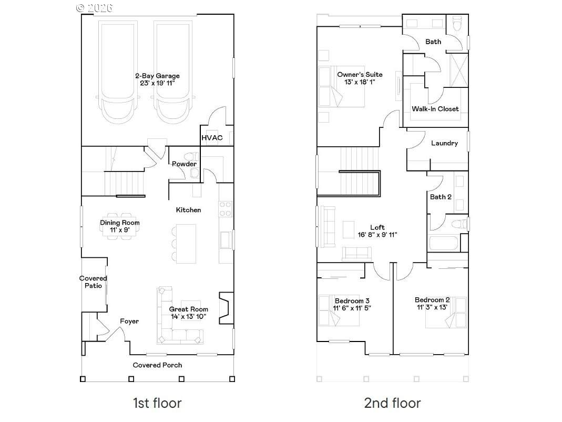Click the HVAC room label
pyautogui.click(x=212, y=138)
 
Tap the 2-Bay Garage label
pyautogui.click(x=157, y=76)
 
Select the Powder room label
pyautogui.click(x=184, y=164)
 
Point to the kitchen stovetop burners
pyautogui.click(x=226, y=209)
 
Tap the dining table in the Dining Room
pyautogui.click(x=120, y=226)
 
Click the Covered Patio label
pyautogui.click(x=93, y=282)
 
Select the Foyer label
pyautogui.click(x=129, y=321)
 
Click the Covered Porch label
pyautogui.click(x=157, y=365)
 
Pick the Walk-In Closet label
pyautogui.click(x=435, y=109)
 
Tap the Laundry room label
pyautogui.click(x=444, y=143)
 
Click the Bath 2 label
pyautogui.click(x=441, y=197)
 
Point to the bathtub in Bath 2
pyautogui.click(x=444, y=243)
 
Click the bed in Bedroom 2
pyautogui.click(x=446, y=312)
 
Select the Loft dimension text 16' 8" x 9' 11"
pyautogui.click(x=377, y=235)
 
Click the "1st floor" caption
pyautogui.click(x=157, y=403)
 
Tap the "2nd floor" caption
pyautogui.click(x=393, y=403)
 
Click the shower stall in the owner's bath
pyautogui.click(x=459, y=70)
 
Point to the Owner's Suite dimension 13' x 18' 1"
pyautogui.click(x=360, y=82)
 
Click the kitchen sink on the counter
pyautogui.click(x=226, y=240)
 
